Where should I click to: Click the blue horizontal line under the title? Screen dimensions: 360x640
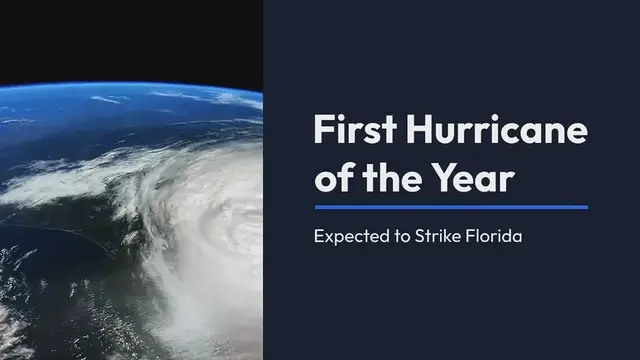pyautogui.click(x=451, y=207)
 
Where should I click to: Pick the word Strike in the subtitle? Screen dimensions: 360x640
pyautogui.click(x=441, y=239)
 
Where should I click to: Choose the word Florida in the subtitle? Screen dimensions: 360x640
pyautogui.click(x=498, y=239)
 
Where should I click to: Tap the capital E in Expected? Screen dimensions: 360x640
pyautogui.click(x=319, y=239)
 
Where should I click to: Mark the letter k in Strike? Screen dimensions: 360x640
pyautogui.click(x=451, y=239)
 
